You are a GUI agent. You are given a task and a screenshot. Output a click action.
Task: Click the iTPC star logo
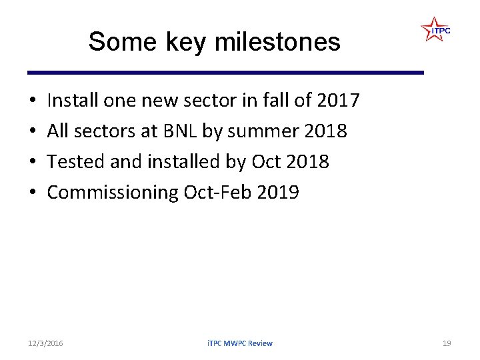tap(435, 30)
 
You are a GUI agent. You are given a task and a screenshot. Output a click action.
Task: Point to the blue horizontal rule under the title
tap(225, 72)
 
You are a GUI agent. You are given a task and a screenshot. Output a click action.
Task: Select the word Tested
tap(73, 162)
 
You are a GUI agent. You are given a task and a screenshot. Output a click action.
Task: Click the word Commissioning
tap(112, 193)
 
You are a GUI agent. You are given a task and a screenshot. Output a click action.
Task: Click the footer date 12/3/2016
tap(46, 343)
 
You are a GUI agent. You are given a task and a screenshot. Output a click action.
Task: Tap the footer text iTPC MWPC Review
tap(239, 343)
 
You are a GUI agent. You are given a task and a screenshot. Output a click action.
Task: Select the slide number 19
tap(447, 343)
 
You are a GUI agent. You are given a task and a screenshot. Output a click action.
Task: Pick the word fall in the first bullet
tap(278, 101)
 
